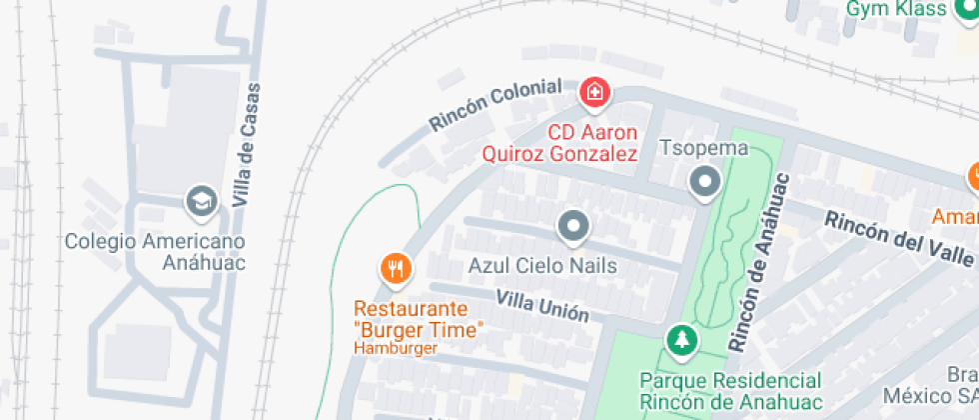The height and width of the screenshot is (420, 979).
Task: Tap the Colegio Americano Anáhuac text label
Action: (155, 252)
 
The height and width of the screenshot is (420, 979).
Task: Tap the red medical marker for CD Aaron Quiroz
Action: (594, 93)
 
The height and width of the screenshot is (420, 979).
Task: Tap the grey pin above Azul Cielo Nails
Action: (572, 227)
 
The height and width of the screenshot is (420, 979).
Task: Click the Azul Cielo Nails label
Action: (542, 266)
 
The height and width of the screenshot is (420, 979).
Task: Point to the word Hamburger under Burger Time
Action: (396, 348)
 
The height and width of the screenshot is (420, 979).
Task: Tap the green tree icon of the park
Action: (682, 339)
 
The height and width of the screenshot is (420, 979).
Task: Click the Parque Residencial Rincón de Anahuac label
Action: (730, 391)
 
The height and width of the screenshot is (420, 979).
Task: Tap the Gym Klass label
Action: (896, 9)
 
